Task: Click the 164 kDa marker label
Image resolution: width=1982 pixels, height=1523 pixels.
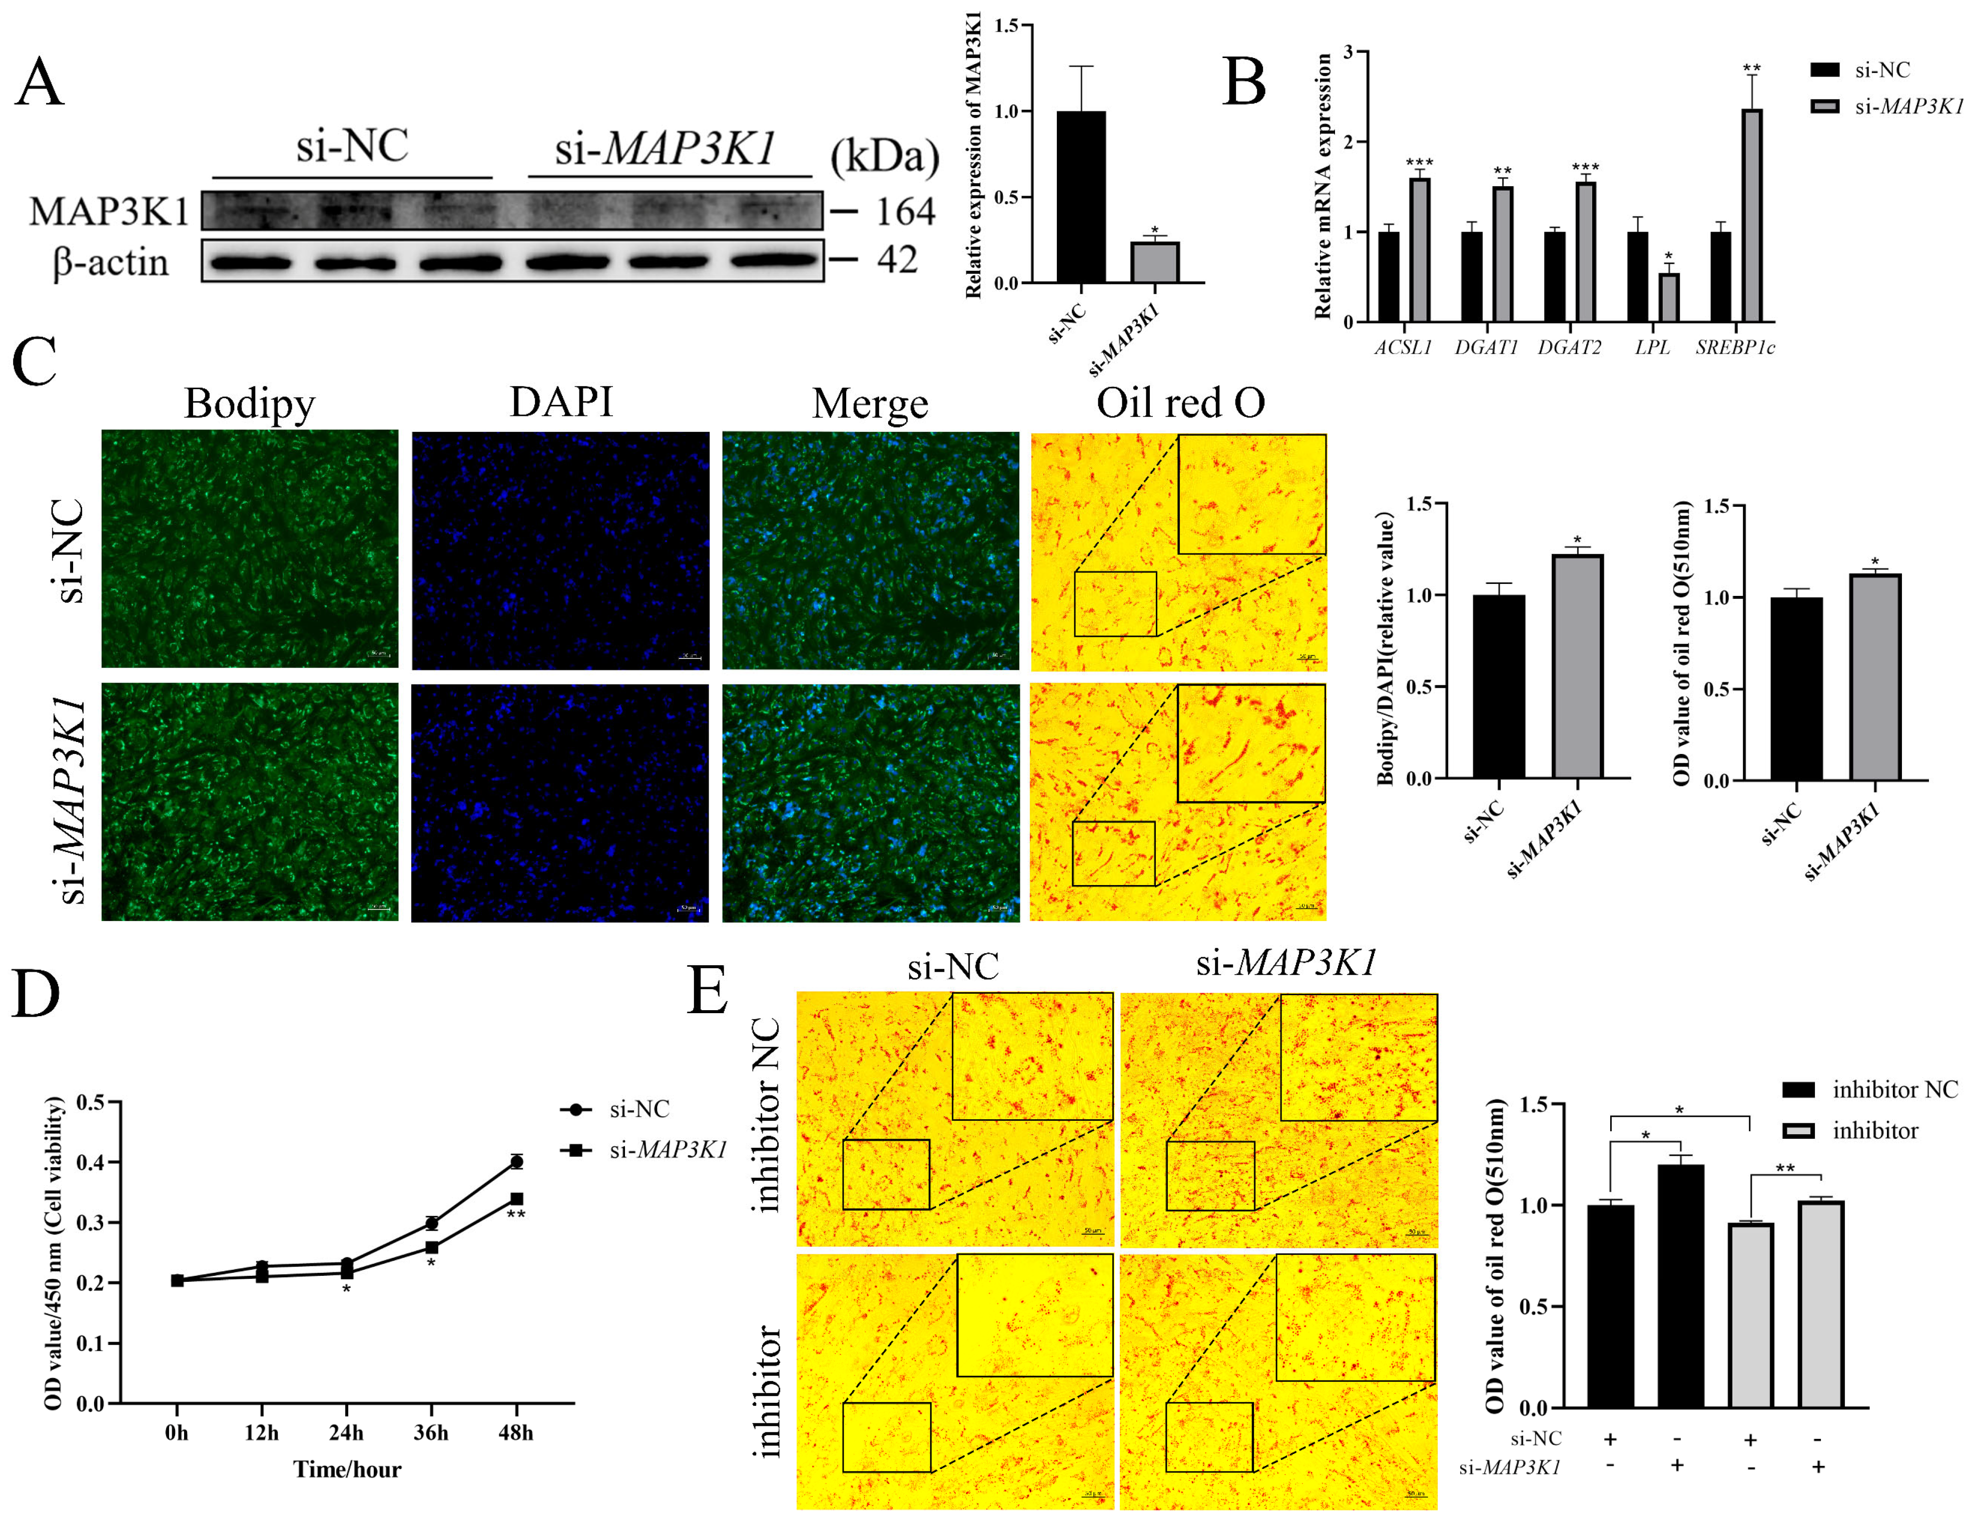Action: (x=904, y=212)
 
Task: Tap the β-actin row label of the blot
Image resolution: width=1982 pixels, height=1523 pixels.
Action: (x=111, y=262)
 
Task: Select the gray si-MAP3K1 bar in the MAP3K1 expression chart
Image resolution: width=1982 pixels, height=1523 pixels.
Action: (x=1154, y=263)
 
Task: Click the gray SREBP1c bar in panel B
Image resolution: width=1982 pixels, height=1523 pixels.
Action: (x=1752, y=216)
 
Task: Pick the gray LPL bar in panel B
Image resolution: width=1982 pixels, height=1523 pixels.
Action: (x=1668, y=297)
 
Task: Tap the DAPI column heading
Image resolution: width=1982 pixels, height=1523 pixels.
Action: (x=561, y=402)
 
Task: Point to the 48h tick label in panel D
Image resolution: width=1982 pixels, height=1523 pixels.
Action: (x=516, y=1432)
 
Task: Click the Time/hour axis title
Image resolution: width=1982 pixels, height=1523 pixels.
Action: (x=346, y=1468)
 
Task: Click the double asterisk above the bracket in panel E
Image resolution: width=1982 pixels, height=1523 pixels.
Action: (x=1784, y=1168)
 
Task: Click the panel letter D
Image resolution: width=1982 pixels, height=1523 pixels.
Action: (x=36, y=994)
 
